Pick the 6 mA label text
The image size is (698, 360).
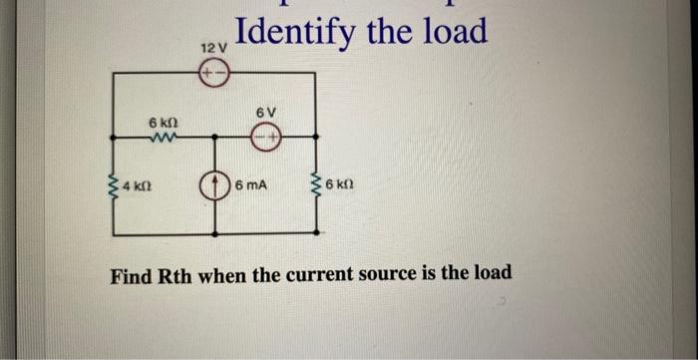(x=251, y=186)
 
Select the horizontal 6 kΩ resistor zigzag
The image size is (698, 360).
(x=161, y=138)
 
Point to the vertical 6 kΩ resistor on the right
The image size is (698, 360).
(x=318, y=185)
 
